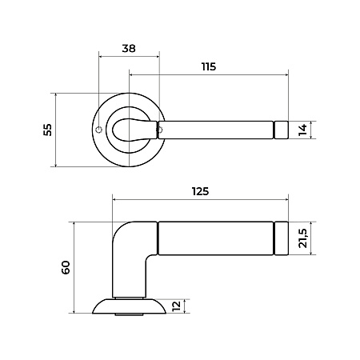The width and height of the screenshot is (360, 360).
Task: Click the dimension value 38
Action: click(129, 49)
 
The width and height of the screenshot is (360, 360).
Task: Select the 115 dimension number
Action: click(209, 66)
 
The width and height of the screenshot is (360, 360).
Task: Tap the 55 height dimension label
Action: click(48, 130)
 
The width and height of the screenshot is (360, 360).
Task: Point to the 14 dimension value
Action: click(302, 130)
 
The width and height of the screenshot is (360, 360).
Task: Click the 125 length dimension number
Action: click(200, 191)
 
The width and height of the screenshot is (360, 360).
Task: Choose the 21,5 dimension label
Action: click(303, 238)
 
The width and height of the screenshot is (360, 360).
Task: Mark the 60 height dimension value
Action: click(66, 267)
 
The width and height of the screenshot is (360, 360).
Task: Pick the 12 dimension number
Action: click(177, 306)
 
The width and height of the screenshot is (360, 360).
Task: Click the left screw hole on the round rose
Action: click(99, 130)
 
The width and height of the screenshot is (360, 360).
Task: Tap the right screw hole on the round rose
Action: click(159, 130)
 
